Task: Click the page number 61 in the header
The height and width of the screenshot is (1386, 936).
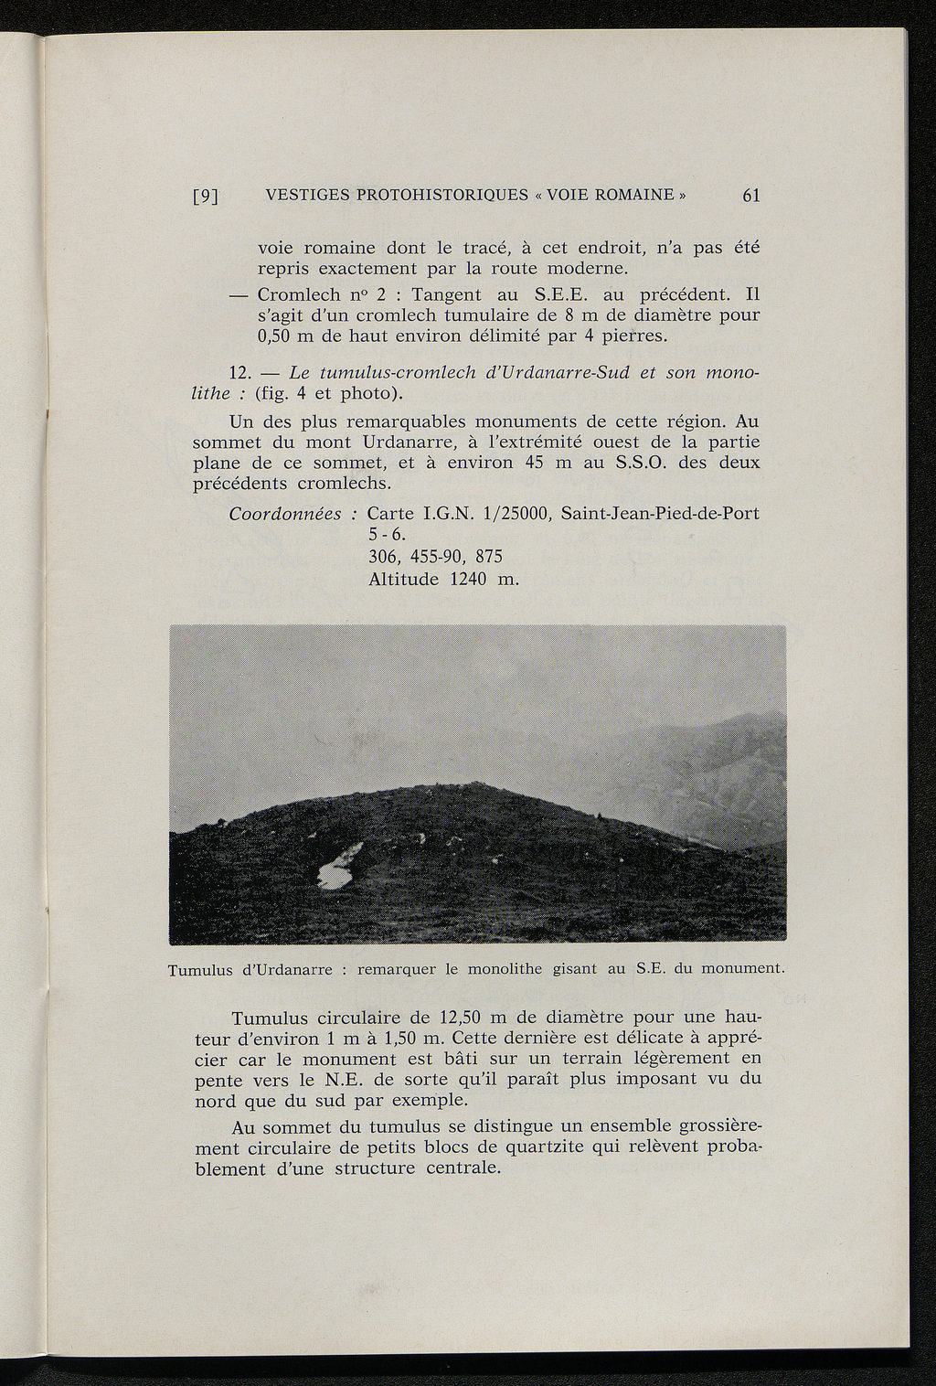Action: (752, 195)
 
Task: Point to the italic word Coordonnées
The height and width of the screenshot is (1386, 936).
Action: (284, 514)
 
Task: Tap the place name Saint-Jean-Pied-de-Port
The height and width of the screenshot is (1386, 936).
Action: (660, 514)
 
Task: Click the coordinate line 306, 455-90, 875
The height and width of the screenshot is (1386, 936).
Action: (435, 557)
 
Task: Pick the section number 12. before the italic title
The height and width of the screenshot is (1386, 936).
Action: (239, 374)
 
